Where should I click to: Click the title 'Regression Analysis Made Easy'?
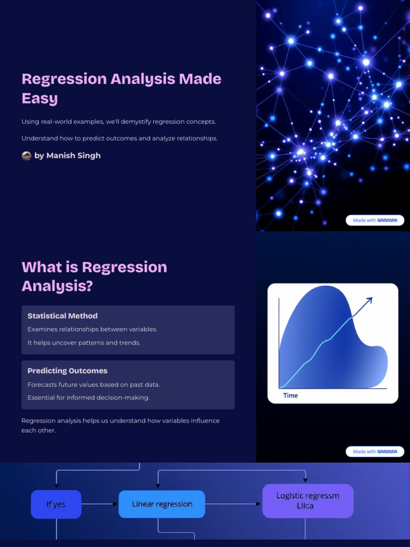click(121, 88)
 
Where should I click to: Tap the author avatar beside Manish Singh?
click(26, 155)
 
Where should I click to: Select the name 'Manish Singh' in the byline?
click(74, 155)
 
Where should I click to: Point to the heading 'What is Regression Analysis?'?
click(94, 276)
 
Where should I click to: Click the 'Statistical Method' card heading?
click(62, 316)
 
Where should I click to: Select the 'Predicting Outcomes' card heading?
click(67, 371)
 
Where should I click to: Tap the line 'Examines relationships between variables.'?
click(92, 329)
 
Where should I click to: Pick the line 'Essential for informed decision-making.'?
click(89, 397)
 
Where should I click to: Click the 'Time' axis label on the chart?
click(290, 395)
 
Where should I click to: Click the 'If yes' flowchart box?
click(56, 504)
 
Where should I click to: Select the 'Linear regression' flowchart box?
click(162, 504)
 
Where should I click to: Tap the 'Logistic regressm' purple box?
click(307, 501)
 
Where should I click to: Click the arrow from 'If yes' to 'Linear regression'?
click(100, 504)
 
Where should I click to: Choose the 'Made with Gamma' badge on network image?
click(375, 220)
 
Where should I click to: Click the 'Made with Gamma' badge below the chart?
click(375, 451)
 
